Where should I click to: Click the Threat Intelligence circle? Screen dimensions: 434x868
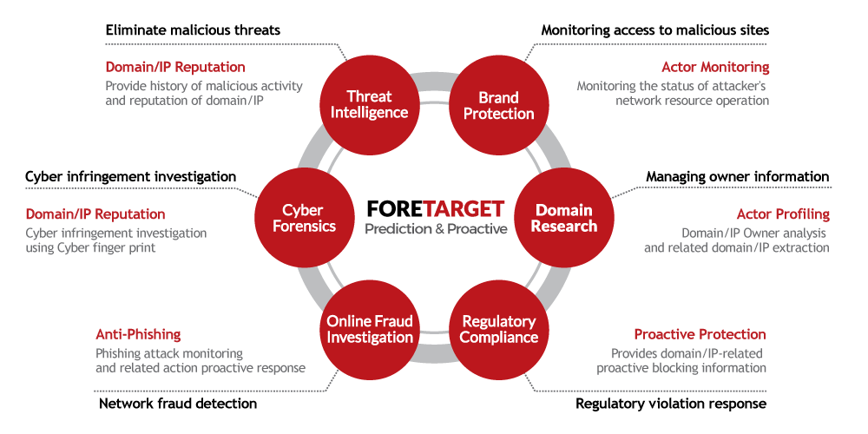(x=369, y=104)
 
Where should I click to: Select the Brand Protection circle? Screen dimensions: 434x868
(x=499, y=105)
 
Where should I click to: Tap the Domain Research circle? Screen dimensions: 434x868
(x=564, y=217)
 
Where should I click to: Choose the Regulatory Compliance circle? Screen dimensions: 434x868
(x=499, y=329)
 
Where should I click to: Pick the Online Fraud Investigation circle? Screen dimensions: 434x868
(x=369, y=329)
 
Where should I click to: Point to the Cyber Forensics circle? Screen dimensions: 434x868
(x=303, y=217)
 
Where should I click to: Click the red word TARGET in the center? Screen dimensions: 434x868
(x=464, y=209)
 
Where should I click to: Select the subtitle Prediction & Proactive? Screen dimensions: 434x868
(x=436, y=229)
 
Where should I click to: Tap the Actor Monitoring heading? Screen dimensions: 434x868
(x=715, y=67)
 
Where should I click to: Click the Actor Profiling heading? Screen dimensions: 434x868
(x=783, y=214)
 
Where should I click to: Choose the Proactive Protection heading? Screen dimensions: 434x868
(x=700, y=334)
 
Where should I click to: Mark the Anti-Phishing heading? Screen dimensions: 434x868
(x=138, y=334)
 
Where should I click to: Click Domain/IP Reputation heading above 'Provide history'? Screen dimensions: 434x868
(x=175, y=67)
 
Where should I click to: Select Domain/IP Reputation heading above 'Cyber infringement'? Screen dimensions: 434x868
(x=95, y=214)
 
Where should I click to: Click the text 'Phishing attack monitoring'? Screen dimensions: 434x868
(x=169, y=353)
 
